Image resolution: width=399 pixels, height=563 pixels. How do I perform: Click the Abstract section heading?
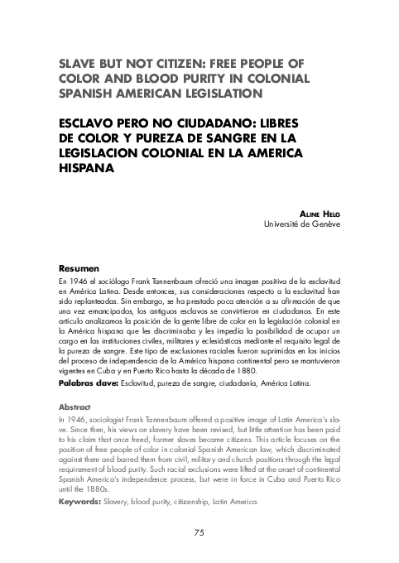click(75, 407)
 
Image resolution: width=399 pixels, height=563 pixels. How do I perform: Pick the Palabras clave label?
click(89, 385)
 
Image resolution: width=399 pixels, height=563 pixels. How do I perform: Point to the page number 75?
click(199, 532)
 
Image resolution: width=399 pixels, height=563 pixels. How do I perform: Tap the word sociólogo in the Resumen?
click(113, 283)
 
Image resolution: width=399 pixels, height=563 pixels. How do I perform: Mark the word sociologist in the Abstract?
click(115, 421)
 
